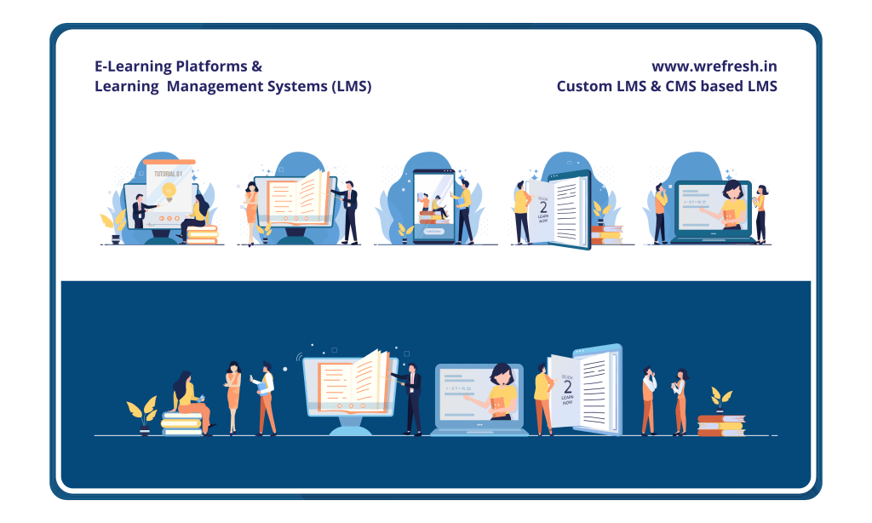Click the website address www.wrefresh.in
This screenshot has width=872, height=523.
tap(714, 66)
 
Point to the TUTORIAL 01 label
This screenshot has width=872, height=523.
tap(165, 173)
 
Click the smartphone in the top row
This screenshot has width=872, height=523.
tap(433, 204)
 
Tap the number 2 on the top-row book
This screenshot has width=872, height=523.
tap(543, 207)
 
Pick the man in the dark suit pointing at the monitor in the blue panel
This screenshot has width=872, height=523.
tap(413, 396)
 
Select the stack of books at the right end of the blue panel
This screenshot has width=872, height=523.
tap(720, 423)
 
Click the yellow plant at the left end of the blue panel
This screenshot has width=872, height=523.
tap(141, 411)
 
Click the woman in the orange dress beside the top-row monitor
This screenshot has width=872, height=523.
tap(251, 211)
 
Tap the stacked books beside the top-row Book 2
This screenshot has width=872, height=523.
tap(606, 234)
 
